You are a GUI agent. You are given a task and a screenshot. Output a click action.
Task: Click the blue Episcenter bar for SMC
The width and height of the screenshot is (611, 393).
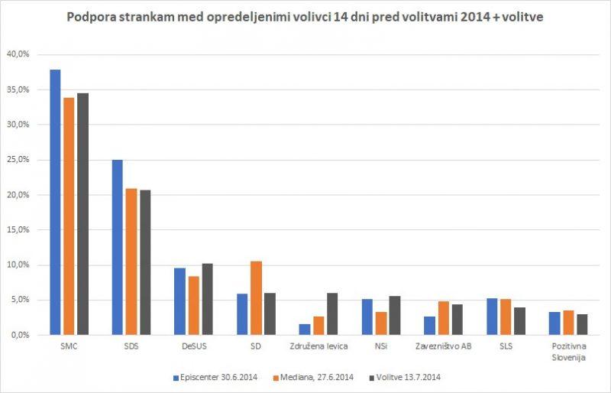pyautogui.click(x=55, y=203)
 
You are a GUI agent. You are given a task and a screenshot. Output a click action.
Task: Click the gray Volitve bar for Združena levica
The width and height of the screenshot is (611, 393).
pyautogui.click(x=331, y=314)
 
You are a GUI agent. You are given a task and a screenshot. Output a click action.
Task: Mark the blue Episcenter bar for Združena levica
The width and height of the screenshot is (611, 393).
pyautogui.click(x=304, y=330)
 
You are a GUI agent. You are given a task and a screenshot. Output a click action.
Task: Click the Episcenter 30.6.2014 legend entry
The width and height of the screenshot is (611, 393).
pyautogui.click(x=213, y=376)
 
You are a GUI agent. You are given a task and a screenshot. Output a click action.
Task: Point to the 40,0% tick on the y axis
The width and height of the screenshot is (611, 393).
pyautogui.click(x=18, y=54)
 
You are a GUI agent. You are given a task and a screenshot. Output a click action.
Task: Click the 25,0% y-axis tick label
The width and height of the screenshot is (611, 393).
pyautogui.click(x=18, y=160)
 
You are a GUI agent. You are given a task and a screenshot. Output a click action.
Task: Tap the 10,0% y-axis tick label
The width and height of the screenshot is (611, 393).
pyautogui.click(x=18, y=265)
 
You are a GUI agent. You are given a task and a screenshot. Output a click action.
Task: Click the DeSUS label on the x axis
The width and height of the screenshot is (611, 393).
pyautogui.click(x=193, y=346)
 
